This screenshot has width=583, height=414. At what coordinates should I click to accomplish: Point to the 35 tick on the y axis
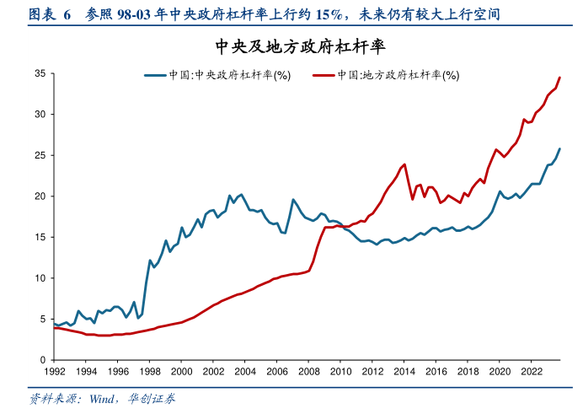click(x=40, y=73)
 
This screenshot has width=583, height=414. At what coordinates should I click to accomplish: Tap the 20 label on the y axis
click(x=40, y=196)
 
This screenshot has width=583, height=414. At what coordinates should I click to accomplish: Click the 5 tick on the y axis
click(x=42, y=319)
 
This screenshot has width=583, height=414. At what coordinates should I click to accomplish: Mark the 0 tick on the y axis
click(x=42, y=360)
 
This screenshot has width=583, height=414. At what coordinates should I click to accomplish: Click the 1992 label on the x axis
click(x=54, y=372)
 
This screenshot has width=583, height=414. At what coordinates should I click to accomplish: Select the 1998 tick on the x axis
click(x=149, y=372)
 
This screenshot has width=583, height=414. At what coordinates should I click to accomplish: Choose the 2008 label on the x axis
click(x=308, y=372)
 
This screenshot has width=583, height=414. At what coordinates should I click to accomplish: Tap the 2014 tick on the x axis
click(x=404, y=372)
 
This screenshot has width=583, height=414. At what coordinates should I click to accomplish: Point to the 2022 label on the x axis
click(x=531, y=372)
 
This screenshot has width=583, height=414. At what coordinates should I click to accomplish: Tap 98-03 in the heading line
click(x=135, y=15)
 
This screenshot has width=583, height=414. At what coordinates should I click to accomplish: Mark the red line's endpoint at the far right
click(x=559, y=78)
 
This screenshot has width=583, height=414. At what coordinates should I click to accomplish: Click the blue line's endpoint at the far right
click(x=559, y=149)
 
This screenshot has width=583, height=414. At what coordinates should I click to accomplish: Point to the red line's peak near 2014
click(x=405, y=164)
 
